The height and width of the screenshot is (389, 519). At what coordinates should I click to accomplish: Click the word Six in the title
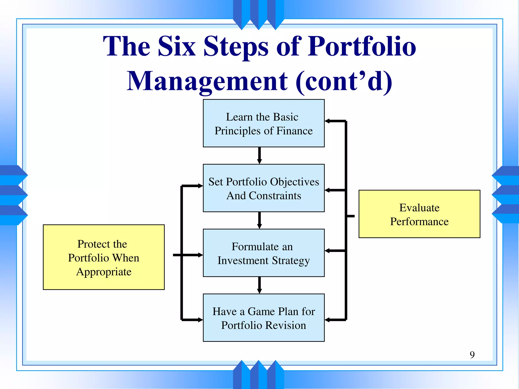click(177, 46)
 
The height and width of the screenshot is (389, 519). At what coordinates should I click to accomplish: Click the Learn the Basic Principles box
click(264, 123)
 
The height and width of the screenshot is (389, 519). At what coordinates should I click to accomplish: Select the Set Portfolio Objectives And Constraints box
click(264, 188)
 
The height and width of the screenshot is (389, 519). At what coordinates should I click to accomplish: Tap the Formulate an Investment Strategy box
click(264, 253)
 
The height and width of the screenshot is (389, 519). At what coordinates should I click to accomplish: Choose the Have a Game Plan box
click(264, 318)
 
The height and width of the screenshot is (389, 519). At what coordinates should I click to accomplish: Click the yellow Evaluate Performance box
click(419, 214)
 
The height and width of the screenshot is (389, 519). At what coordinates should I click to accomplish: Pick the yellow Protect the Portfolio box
click(104, 257)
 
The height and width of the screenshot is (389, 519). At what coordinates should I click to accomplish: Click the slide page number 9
click(472, 355)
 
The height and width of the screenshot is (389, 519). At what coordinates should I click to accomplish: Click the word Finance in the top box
click(294, 131)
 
